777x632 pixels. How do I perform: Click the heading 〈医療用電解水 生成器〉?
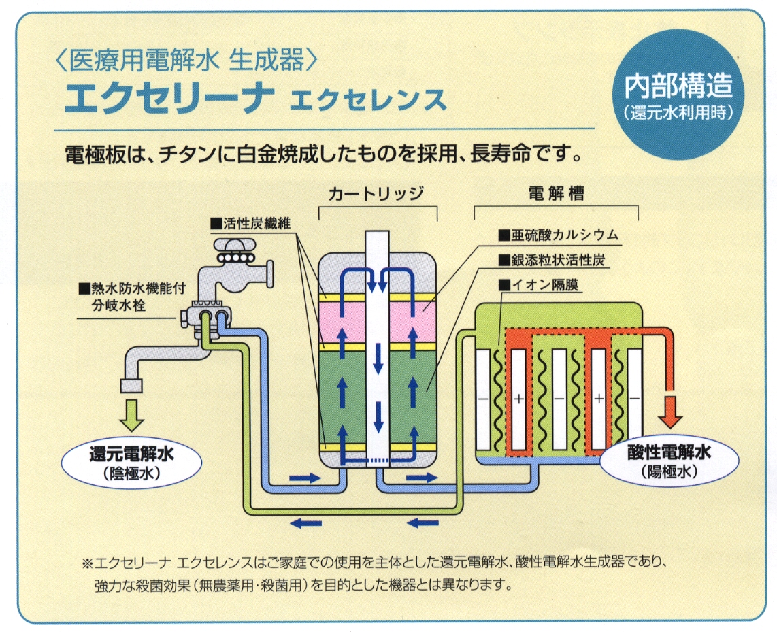pyautogui.click(x=184, y=63)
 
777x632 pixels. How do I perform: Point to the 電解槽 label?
pyautogui.click(x=556, y=193)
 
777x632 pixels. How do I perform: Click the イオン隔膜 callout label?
pyautogui.click(x=538, y=285)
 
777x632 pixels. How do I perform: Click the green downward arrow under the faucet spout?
pyautogui.click(x=133, y=414)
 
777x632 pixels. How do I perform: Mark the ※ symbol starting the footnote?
pyautogui.click(x=86, y=563)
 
